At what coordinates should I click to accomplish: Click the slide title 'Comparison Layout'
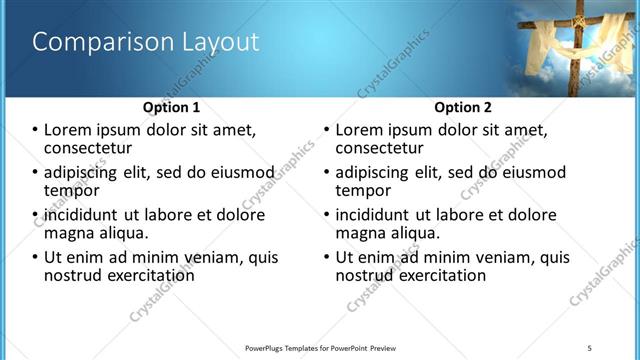coord(146,42)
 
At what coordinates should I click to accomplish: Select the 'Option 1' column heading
coord(171,107)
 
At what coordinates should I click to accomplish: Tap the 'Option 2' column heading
coord(463,107)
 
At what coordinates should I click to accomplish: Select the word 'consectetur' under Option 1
coord(88,148)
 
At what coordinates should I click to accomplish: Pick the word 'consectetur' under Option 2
coord(380,148)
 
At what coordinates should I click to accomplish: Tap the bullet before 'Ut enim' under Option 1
coord(36,257)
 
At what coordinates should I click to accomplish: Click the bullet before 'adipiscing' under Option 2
coord(328,172)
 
